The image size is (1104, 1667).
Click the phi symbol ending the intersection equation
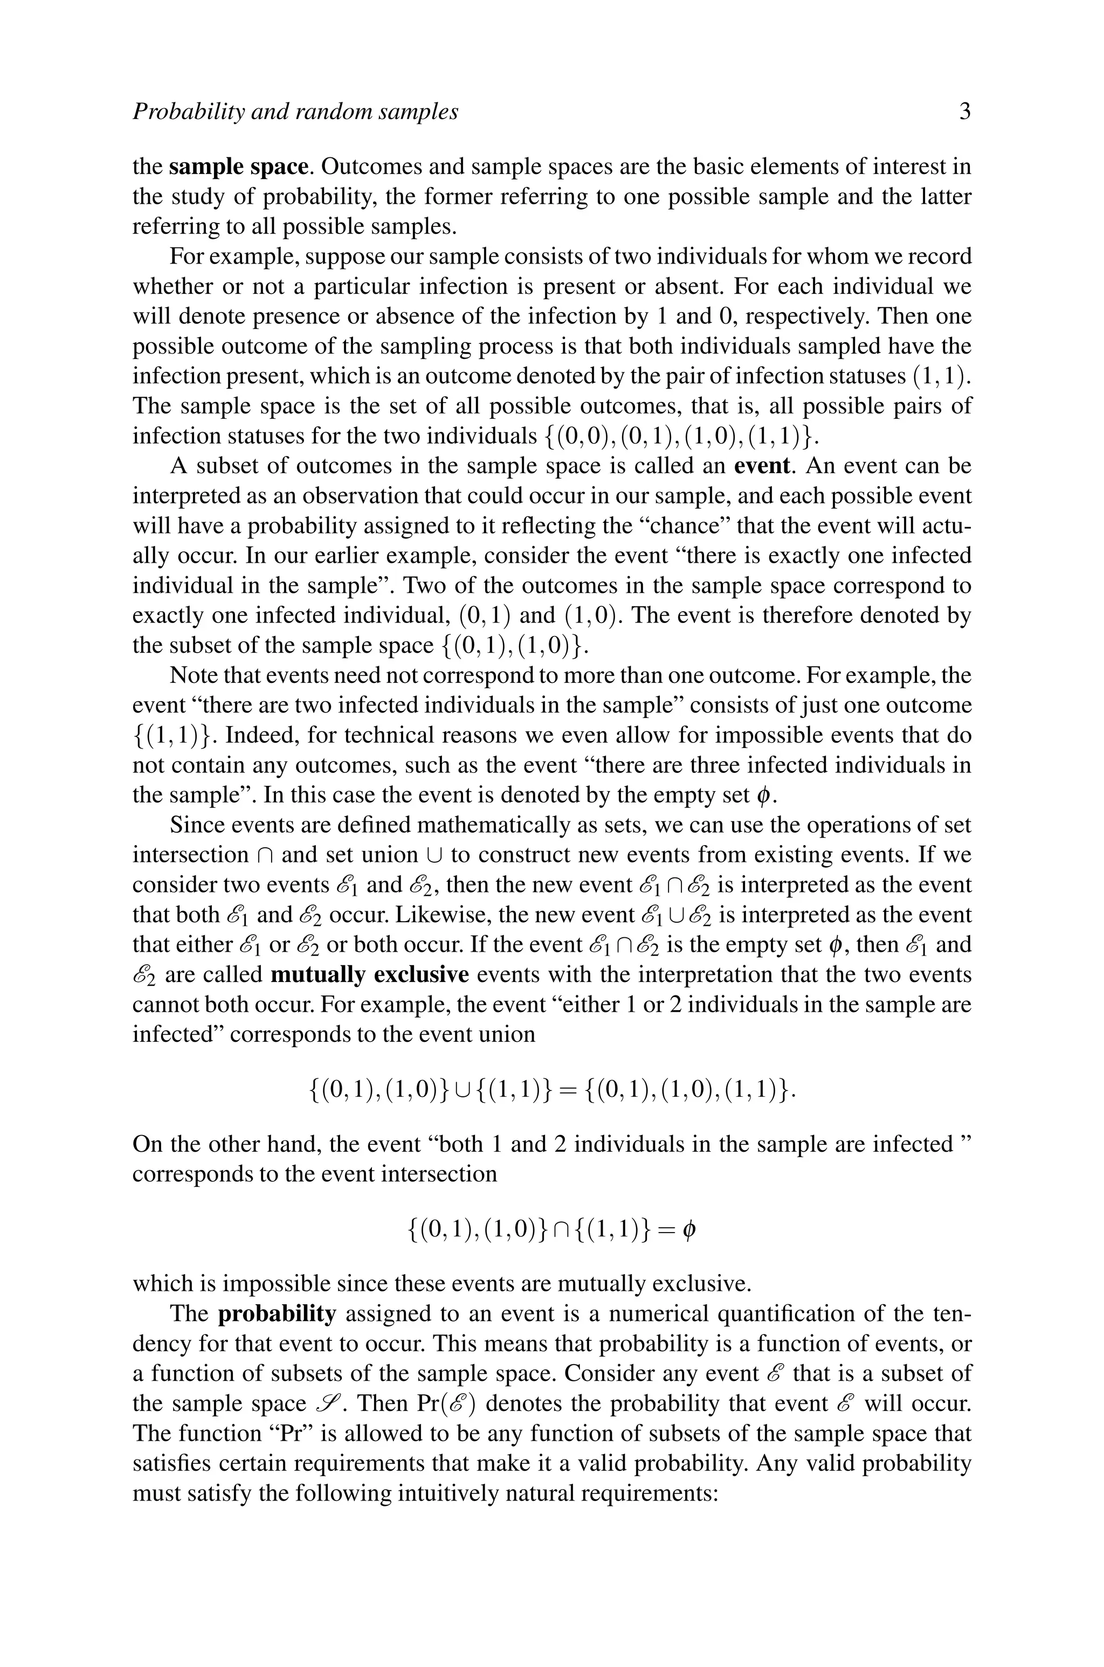(x=689, y=1230)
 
